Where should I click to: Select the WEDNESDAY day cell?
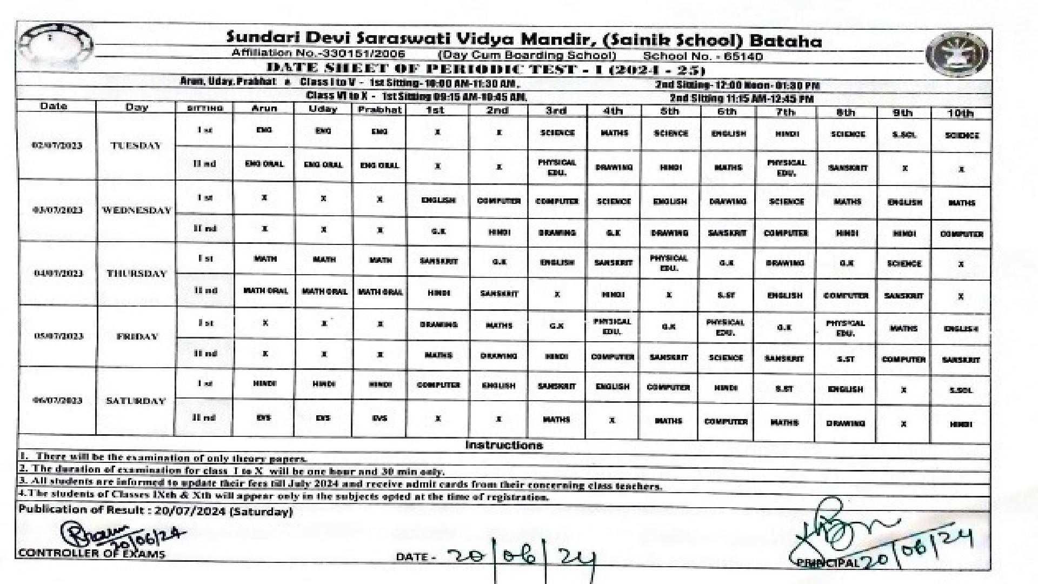136,210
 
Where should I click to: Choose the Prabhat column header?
380,110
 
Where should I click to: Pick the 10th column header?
960,113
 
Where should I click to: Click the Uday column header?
323,109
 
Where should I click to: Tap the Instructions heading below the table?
504,446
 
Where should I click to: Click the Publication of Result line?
156,511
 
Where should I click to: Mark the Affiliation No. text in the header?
318,54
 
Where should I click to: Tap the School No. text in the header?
703,56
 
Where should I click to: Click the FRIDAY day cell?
137,336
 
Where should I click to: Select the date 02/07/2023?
57,145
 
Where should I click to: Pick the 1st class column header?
435,110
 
